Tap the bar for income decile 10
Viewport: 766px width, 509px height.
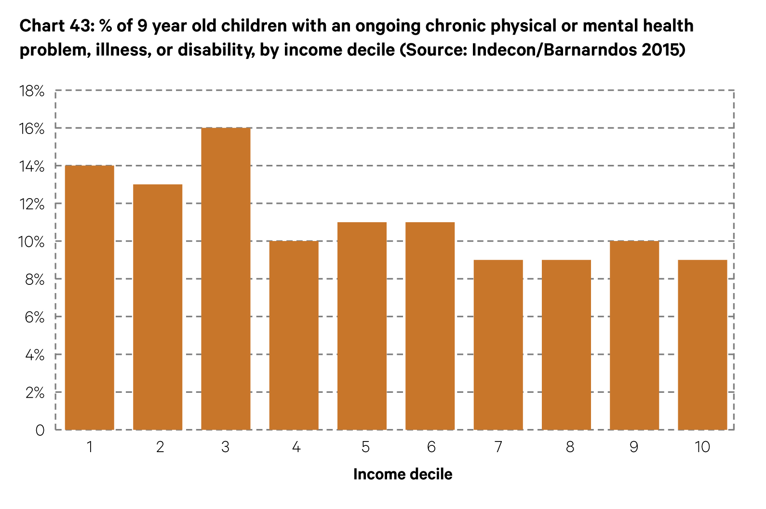tap(702, 345)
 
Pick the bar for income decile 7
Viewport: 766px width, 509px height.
tap(498, 345)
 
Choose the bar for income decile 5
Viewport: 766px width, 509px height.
tap(362, 326)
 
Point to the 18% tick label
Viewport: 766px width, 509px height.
tap(31, 91)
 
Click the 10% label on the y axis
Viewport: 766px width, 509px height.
tap(31, 242)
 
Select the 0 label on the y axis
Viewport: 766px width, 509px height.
tap(40, 430)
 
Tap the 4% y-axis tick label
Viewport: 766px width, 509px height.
tap(33, 355)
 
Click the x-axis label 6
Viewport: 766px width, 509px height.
tap(431, 447)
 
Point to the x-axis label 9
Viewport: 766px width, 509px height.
tap(634, 447)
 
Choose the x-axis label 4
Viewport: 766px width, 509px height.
tap(296, 447)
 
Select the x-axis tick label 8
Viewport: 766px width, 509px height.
tap(570, 447)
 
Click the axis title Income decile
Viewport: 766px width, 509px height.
tap(403, 474)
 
